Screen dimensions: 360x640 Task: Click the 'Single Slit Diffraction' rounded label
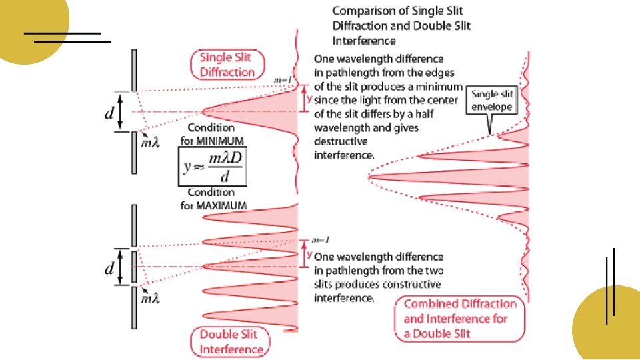227,65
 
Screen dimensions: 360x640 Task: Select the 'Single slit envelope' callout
492,101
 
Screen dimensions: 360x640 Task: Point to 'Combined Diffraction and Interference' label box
460,319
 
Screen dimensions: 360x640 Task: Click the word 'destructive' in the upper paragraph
341,142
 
